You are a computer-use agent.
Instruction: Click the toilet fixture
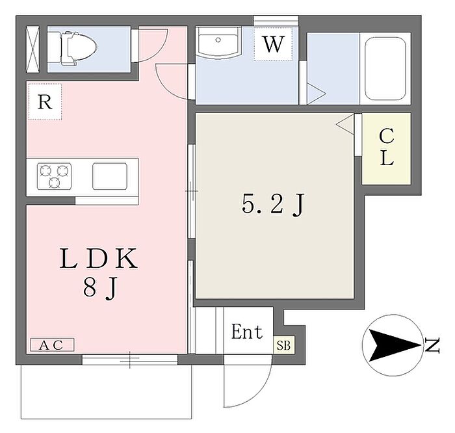pos(77,46)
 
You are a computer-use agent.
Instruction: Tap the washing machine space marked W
pos(274,45)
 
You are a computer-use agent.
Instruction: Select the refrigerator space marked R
pos(44,102)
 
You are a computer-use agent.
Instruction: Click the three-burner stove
pos(55,176)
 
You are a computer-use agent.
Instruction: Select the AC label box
pos(51,345)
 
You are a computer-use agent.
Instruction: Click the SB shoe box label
pos(284,345)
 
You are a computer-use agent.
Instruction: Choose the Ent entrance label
pos(247,332)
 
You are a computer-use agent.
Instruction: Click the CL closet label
pos(387,148)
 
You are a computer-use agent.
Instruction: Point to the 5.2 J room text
pos(272,205)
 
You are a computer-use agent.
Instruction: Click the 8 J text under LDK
pos(99,289)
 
